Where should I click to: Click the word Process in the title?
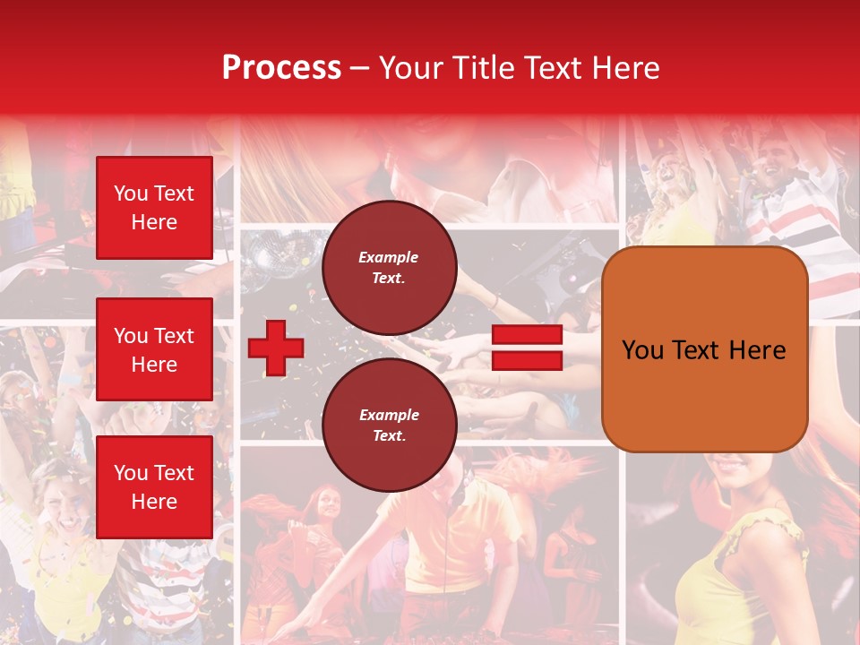click(281, 68)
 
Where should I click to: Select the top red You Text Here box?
click(154, 208)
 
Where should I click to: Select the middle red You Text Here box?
click(154, 349)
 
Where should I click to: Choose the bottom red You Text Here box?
click(154, 487)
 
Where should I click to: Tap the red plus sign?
click(276, 348)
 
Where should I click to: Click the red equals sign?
click(527, 348)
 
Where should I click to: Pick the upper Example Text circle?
click(389, 268)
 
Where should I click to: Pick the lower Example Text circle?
click(389, 426)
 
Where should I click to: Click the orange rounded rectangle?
click(704, 349)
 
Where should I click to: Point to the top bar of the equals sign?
click(527, 335)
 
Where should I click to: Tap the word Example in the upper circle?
click(389, 257)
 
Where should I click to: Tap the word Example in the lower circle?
click(389, 415)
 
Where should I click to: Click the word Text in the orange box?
click(700, 350)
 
